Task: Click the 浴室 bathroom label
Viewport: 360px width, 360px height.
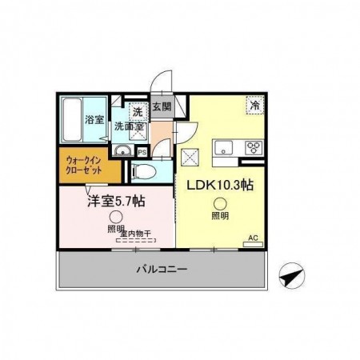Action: tap(94, 120)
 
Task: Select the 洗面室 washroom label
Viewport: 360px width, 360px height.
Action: tap(127, 126)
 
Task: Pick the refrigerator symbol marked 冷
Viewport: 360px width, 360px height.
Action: tap(254, 105)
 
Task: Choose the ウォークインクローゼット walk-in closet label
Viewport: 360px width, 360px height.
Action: tap(85, 164)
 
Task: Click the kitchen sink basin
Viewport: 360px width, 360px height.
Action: tap(222, 146)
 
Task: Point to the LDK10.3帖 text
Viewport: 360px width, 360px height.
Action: tap(220, 184)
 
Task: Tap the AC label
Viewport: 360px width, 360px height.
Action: tap(253, 238)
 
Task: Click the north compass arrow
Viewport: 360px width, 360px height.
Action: tap(290, 277)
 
